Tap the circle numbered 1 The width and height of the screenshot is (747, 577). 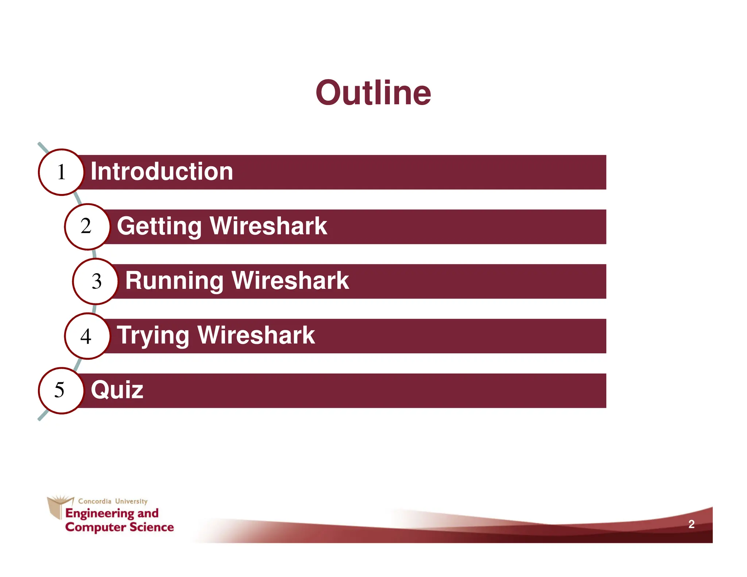tap(61, 172)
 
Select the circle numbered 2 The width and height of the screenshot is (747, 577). tap(87, 226)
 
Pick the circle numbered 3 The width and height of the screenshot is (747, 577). tap(96, 281)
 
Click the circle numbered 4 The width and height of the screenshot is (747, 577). tap(87, 336)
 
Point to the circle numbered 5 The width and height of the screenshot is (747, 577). tap(61, 390)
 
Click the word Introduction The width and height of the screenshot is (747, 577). tap(162, 171)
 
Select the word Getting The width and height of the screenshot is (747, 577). tap(159, 226)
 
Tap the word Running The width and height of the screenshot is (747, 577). tap(174, 281)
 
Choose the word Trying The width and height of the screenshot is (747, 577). tap(153, 336)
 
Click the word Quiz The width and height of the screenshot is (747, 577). tap(117, 390)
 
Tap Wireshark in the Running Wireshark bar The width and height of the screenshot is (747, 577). tap(290, 281)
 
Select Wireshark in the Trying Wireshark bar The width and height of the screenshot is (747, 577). tap(256, 336)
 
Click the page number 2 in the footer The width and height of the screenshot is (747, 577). tap(691, 524)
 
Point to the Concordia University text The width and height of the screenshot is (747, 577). tap(113, 501)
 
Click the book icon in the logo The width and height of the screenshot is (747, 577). tap(57, 506)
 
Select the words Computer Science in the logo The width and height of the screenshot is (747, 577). tap(119, 527)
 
